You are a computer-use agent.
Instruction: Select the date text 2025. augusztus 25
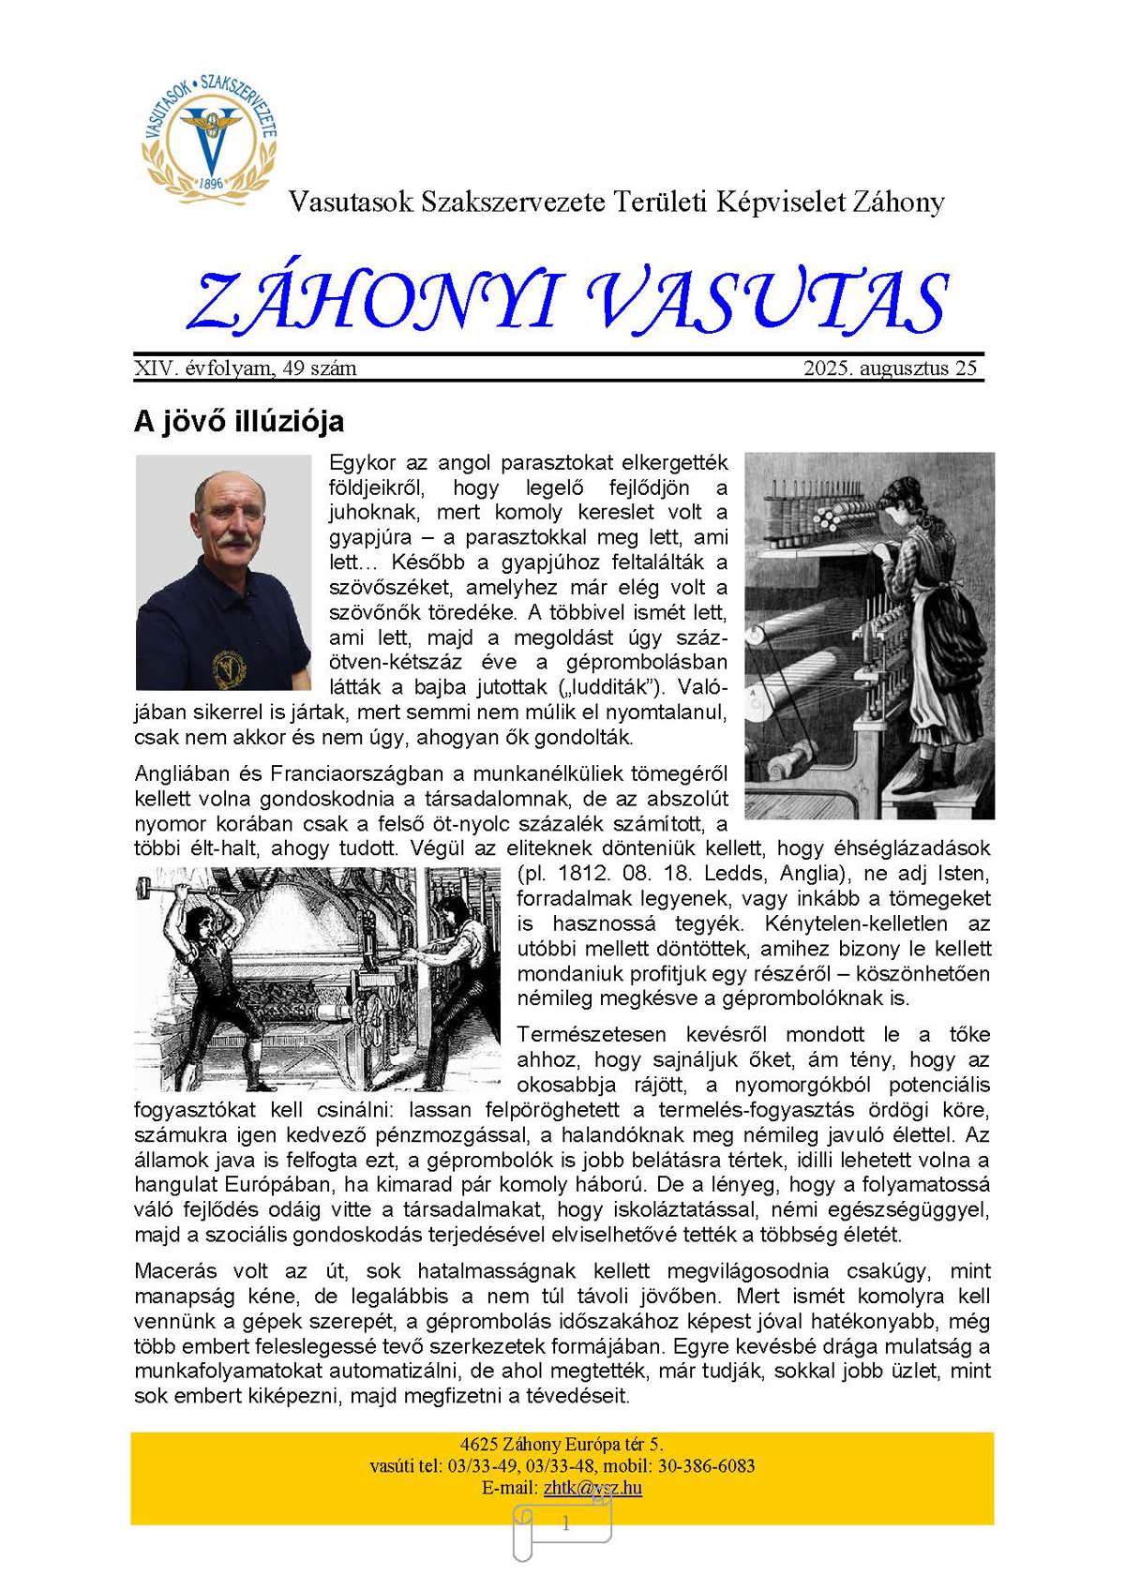click(x=890, y=368)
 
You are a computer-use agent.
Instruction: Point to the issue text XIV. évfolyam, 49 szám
click(x=246, y=368)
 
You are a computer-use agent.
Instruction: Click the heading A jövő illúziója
click(x=239, y=422)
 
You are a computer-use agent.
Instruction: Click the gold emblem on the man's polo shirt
click(x=226, y=664)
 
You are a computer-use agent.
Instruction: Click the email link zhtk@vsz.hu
click(x=592, y=1488)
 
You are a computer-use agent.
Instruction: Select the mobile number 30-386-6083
click(x=704, y=1466)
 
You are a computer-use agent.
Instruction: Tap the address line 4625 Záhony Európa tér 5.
click(x=562, y=1445)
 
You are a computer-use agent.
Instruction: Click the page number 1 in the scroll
click(x=565, y=1524)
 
